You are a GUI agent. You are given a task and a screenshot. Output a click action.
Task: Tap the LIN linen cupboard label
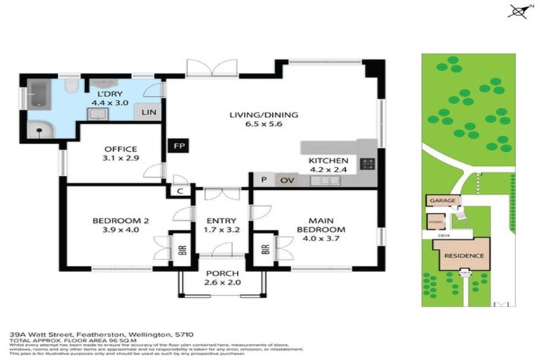click(x=148, y=112)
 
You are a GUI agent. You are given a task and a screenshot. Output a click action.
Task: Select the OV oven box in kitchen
click(x=285, y=180)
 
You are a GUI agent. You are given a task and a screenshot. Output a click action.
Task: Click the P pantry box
click(x=263, y=180)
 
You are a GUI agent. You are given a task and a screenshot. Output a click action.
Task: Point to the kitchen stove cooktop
click(x=367, y=165)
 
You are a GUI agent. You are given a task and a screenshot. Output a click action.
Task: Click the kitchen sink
click(x=325, y=181)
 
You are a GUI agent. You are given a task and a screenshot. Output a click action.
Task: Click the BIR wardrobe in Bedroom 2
click(x=181, y=249)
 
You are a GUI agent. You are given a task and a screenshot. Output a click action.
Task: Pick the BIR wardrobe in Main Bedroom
click(x=265, y=249)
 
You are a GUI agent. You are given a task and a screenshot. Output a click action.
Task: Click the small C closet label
click(x=180, y=191)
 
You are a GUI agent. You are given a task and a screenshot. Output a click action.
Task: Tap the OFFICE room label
click(x=120, y=148)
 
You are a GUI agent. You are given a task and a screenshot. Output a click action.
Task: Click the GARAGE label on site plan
click(x=442, y=200)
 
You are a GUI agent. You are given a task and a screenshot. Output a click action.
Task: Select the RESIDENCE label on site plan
click(x=463, y=255)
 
